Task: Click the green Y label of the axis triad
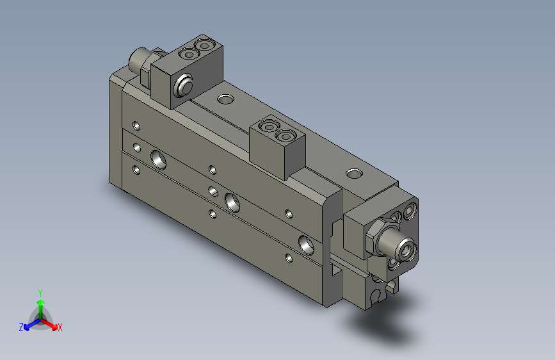click(x=40, y=291)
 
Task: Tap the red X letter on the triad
click(x=60, y=328)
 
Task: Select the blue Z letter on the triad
click(x=21, y=327)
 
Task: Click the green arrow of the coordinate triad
click(x=40, y=304)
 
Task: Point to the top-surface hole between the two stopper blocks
click(x=225, y=99)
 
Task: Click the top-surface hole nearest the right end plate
click(x=353, y=173)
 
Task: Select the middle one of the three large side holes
click(x=233, y=202)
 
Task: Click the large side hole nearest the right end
click(x=307, y=243)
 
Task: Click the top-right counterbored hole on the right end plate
click(x=410, y=210)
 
